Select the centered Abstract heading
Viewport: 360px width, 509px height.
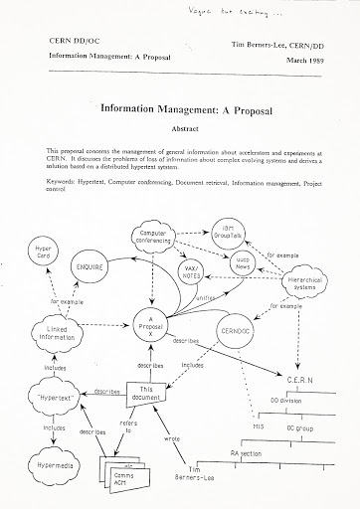tap(179, 127)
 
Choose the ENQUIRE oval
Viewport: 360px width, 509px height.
tap(90, 242)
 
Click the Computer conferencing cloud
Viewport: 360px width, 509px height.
tap(157, 213)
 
